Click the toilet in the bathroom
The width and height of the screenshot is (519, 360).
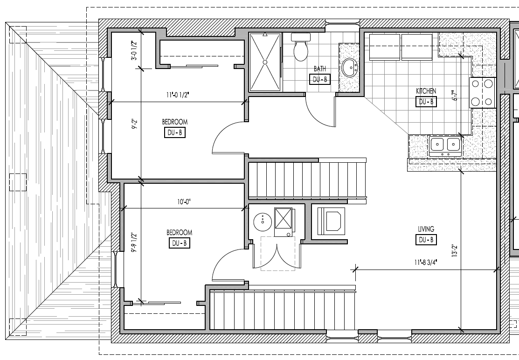tap(301, 48)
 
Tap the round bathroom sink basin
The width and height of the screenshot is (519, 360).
tap(349, 68)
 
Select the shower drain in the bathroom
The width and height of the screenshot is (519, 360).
tap(265, 62)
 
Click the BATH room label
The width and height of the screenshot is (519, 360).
tap(320, 69)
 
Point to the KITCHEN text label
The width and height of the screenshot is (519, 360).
tap(426, 91)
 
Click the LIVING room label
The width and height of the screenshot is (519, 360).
tap(426, 229)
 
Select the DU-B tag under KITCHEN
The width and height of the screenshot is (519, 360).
tap(426, 102)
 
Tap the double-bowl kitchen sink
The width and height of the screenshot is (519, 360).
tap(445, 146)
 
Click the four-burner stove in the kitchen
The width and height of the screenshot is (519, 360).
tap(482, 92)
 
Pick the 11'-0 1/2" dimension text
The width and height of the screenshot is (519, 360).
tap(178, 95)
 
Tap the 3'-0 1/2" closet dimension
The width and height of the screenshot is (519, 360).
tap(134, 51)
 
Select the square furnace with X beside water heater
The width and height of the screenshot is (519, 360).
tap(283, 218)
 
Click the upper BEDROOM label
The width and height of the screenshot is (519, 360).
tap(175, 122)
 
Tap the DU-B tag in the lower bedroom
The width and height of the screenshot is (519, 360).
tap(180, 243)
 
